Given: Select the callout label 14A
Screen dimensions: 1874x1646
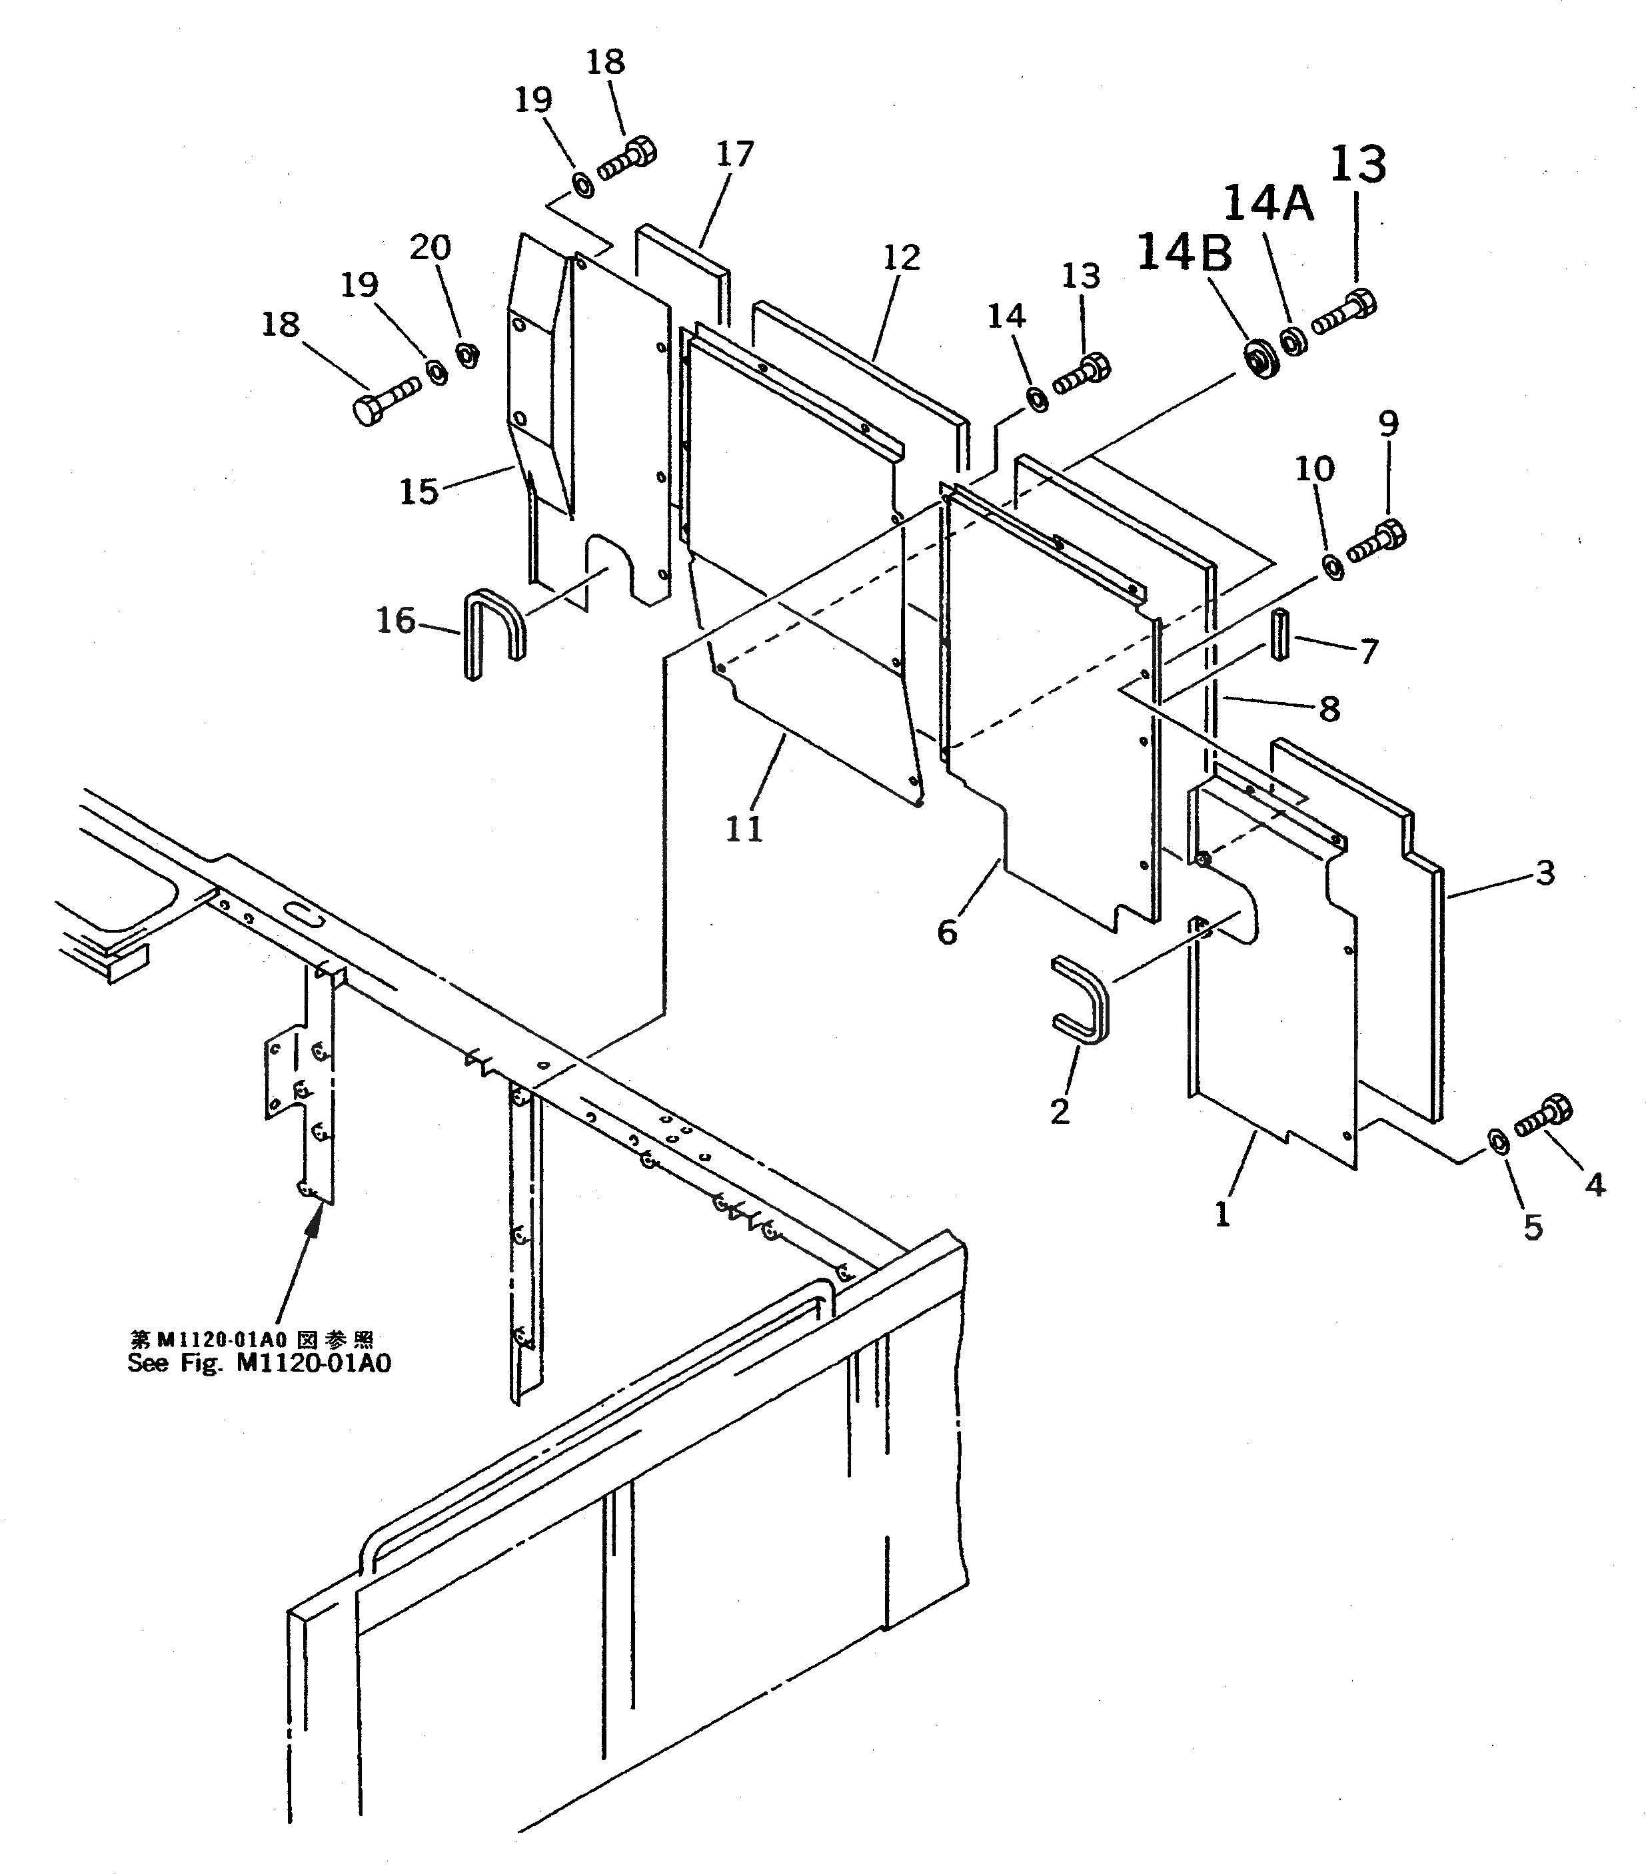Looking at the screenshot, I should click(1268, 204).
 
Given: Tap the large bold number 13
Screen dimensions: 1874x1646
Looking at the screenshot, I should click(1357, 166).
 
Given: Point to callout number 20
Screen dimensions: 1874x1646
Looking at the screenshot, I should click(430, 248).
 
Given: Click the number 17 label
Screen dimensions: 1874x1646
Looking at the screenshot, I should click(734, 154).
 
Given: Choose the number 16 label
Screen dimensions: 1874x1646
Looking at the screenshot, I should click(395, 622).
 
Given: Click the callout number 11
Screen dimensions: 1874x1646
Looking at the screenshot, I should click(744, 829).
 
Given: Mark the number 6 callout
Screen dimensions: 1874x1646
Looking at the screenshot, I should click(947, 933).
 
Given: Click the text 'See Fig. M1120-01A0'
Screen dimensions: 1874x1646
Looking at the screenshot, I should click(259, 1362).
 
